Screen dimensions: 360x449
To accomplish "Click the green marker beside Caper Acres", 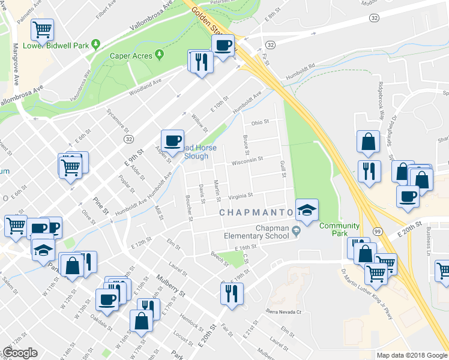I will tap(159, 55).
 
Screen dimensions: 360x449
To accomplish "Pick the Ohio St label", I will tap(260, 122).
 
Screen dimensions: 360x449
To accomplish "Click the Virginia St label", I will tap(241, 195).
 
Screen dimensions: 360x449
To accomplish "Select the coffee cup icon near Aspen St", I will tap(173, 140).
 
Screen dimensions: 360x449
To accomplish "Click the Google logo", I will tap(20, 353).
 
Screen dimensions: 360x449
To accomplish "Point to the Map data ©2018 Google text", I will tap(412, 355).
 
